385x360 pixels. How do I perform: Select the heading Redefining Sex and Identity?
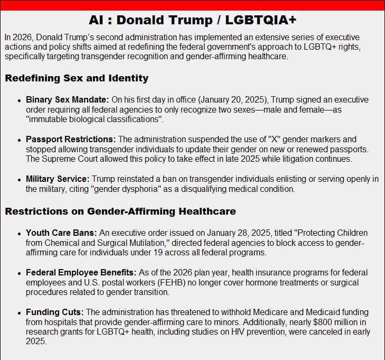pyautogui.click(x=77, y=79)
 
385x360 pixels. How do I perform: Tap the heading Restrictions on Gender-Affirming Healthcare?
pyautogui.click(x=120, y=212)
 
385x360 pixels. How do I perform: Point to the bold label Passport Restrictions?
pyautogui.click(x=71, y=140)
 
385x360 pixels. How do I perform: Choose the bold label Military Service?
pyautogui.click(x=57, y=180)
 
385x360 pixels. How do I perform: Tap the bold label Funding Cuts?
pyautogui.click(x=55, y=312)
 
